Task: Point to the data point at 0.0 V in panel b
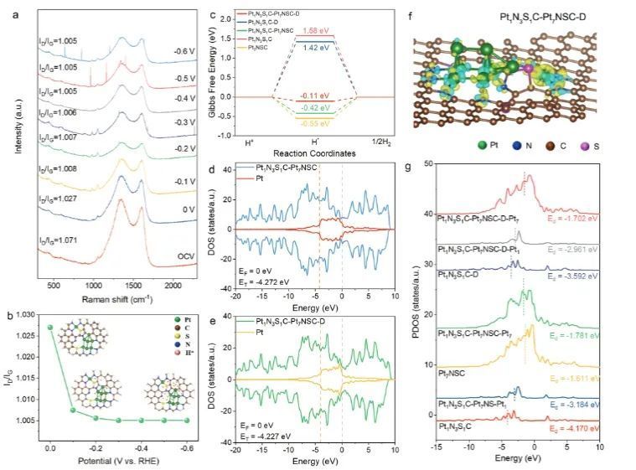pos(49,328)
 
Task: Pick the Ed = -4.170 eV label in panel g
pos(571,428)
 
